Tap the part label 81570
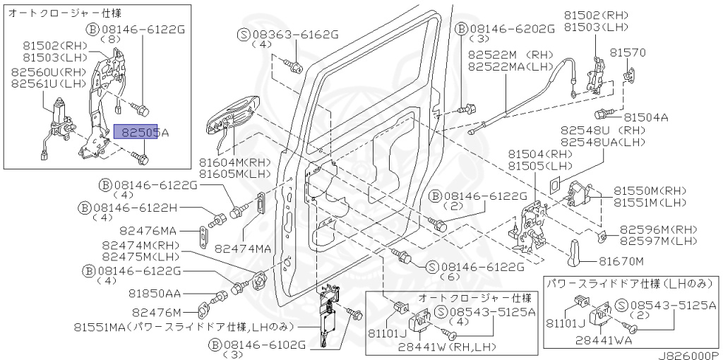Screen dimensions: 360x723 coord(628,53)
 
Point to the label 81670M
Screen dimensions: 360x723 coord(621,261)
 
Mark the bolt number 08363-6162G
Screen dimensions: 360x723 coord(292,33)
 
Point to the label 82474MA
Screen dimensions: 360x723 coord(243,248)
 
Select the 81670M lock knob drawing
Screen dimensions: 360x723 coord(576,250)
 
